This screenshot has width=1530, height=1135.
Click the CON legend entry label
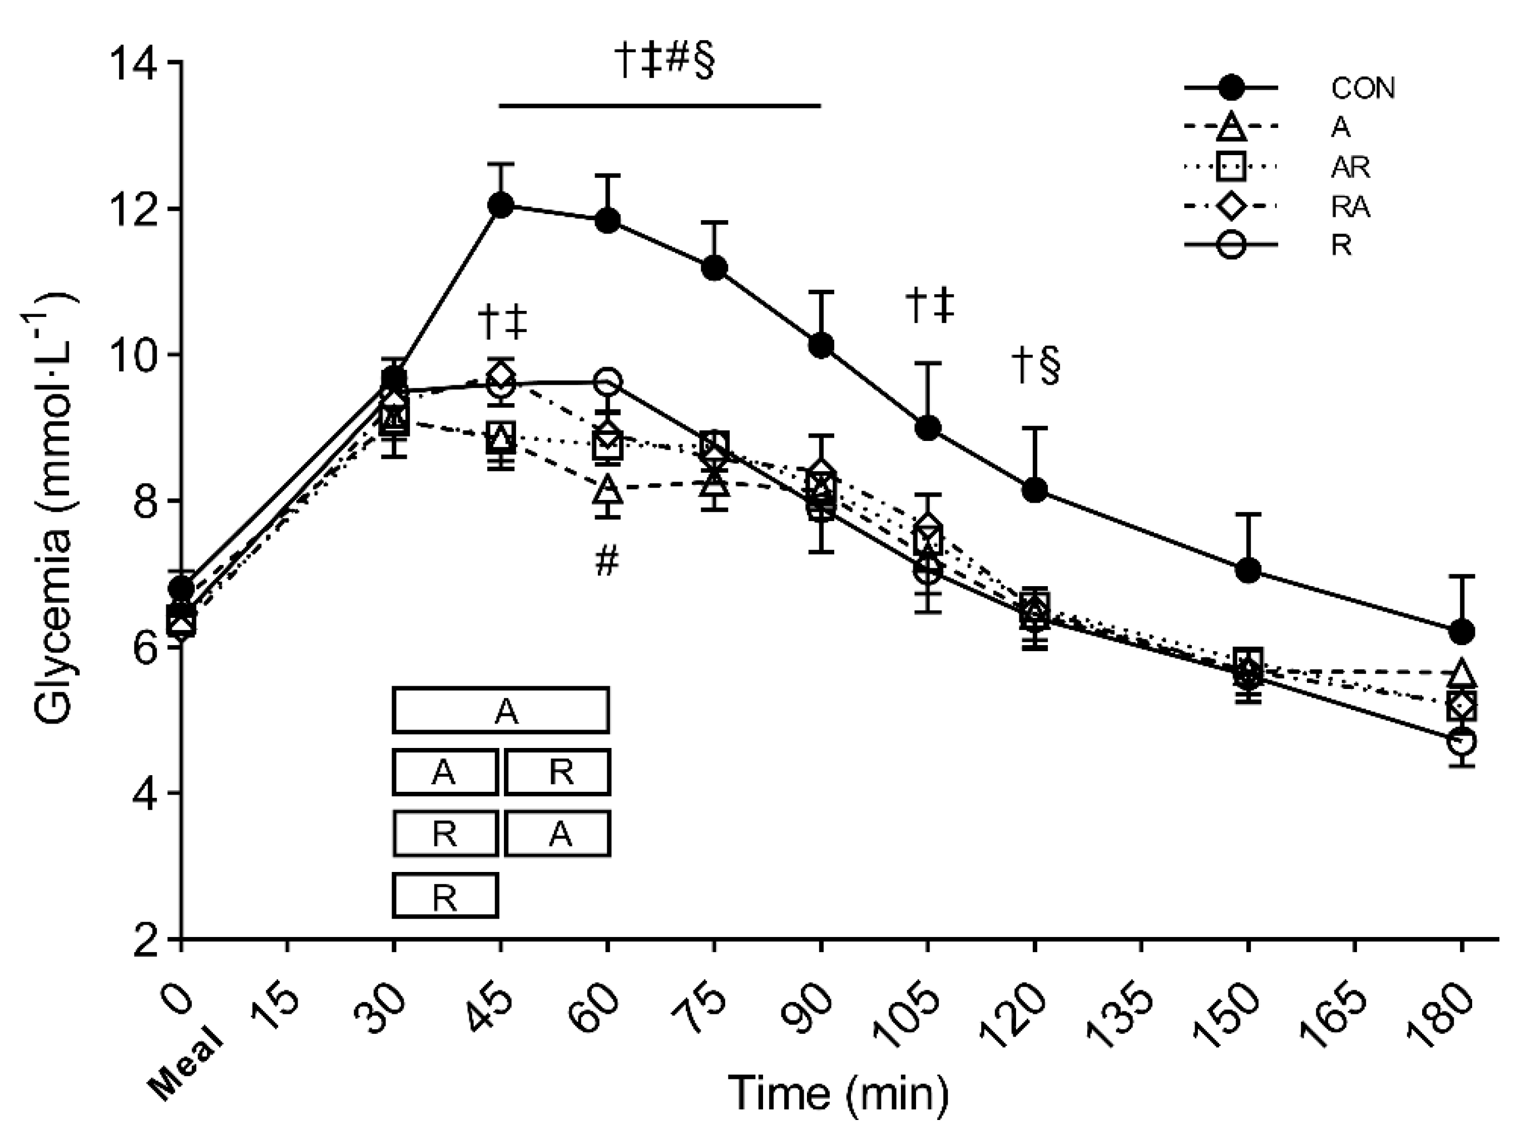click(1363, 87)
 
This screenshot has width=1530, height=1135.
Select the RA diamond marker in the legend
click(1230, 205)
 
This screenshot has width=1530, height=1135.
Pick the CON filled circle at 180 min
click(1461, 631)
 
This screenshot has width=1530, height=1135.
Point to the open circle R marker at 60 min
click(608, 382)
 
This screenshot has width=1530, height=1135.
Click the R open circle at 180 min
click(1461, 742)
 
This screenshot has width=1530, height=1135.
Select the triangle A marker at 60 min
click(608, 490)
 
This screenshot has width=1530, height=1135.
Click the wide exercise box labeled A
click(501, 710)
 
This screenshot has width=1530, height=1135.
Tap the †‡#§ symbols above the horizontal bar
click(663, 62)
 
